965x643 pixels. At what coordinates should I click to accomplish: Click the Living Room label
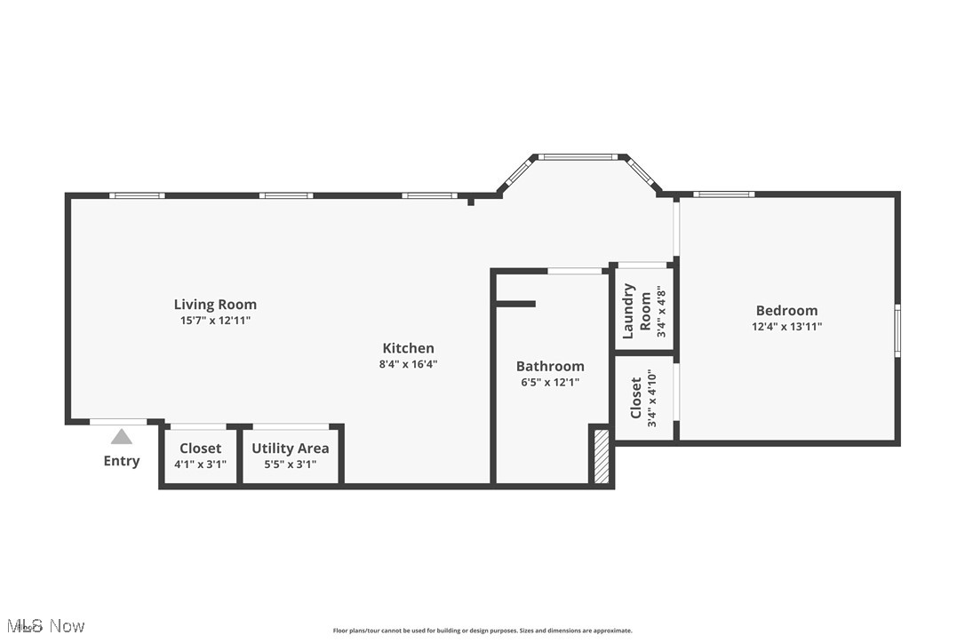click(215, 305)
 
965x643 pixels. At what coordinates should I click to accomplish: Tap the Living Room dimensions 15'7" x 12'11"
click(215, 321)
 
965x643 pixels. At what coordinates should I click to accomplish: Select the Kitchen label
click(408, 348)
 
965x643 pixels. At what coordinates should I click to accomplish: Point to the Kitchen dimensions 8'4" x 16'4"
click(408, 364)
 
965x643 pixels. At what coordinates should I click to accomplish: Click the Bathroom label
click(550, 366)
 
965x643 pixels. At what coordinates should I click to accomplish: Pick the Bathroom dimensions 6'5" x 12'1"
click(550, 383)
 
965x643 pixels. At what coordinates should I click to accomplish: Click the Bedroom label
click(786, 310)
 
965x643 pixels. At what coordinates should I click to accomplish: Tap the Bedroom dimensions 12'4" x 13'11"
click(786, 327)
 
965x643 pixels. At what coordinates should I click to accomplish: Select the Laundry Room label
click(636, 311)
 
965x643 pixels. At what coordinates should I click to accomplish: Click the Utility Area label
click(290, 449)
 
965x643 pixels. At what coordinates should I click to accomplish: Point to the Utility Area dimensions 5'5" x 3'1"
click(290, 464)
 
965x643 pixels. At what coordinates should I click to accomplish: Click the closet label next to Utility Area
click(200, 449)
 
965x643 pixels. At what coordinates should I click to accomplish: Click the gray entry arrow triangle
click(122, 436)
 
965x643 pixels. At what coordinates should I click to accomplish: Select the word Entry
click(122, 461)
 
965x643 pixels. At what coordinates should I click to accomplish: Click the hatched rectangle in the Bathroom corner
click(602, 456)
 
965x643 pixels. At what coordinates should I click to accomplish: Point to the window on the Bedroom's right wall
click(897, 331)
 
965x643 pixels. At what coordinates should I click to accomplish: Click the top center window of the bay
click(578, 157)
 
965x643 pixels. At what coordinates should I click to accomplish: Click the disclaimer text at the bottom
click(482, 631)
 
